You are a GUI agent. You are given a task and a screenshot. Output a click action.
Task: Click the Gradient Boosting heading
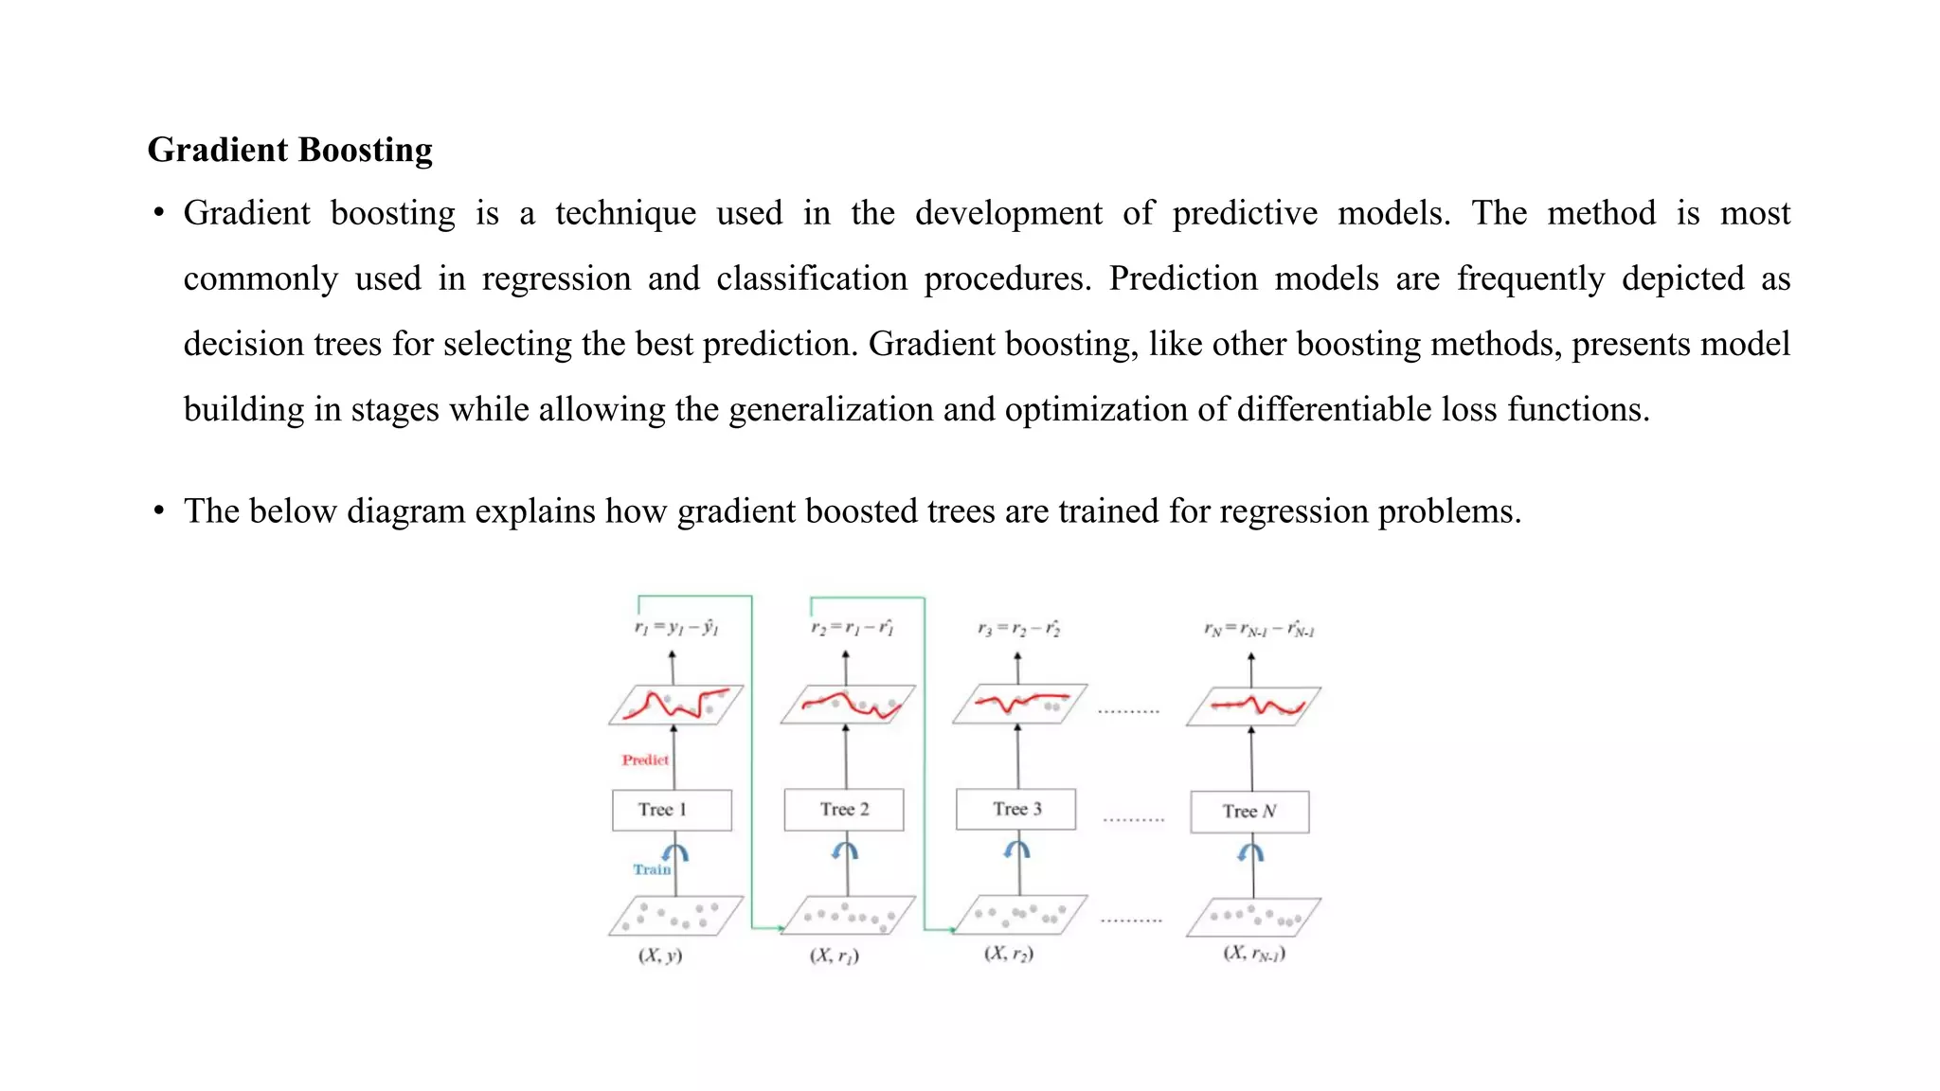(290, 150)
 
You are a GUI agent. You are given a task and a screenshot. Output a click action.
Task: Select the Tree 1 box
(672, 810)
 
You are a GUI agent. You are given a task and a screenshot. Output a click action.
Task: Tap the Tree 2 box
(844, 810)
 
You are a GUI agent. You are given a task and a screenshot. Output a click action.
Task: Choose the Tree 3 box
(1016, 809)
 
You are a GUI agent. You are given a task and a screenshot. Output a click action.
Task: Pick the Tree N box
(1249, 812)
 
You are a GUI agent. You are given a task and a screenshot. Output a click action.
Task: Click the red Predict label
(645, 760)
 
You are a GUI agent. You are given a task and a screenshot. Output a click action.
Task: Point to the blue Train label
(652, 869)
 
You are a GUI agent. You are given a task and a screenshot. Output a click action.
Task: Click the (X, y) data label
(660, 956)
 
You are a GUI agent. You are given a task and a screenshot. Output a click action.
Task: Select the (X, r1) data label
(835, 956)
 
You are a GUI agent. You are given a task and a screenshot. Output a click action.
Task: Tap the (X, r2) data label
(1009, 954)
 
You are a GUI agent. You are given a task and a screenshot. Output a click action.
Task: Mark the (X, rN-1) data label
(1254, 954)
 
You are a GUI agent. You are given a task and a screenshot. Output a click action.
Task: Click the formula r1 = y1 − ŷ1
(676, 628)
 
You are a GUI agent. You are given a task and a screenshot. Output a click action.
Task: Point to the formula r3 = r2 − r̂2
(1019, 629)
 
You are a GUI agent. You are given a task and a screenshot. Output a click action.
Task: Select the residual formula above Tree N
(1259, 630)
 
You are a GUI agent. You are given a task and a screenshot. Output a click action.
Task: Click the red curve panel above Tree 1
(676, 705)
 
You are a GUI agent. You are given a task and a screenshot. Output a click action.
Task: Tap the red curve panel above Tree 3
(1020, 704)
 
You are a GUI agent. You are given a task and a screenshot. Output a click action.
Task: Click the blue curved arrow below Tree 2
(845, 851)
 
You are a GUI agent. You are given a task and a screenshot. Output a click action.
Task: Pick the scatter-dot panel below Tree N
(1254, 917)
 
